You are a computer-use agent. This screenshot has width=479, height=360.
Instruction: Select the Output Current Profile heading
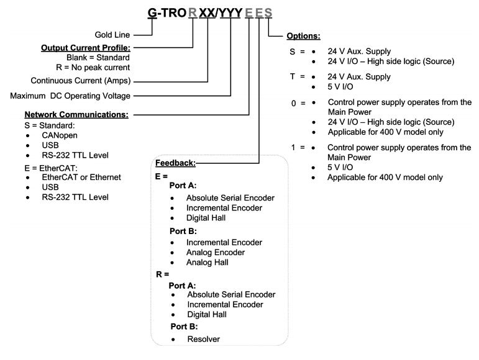[x=86, y=47]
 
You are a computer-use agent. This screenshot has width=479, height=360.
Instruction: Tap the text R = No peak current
[x=92, y=68]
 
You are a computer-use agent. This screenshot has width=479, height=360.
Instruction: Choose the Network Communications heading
[x=76, y=115]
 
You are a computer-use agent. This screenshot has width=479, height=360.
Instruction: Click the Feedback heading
[x=176, y=163]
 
